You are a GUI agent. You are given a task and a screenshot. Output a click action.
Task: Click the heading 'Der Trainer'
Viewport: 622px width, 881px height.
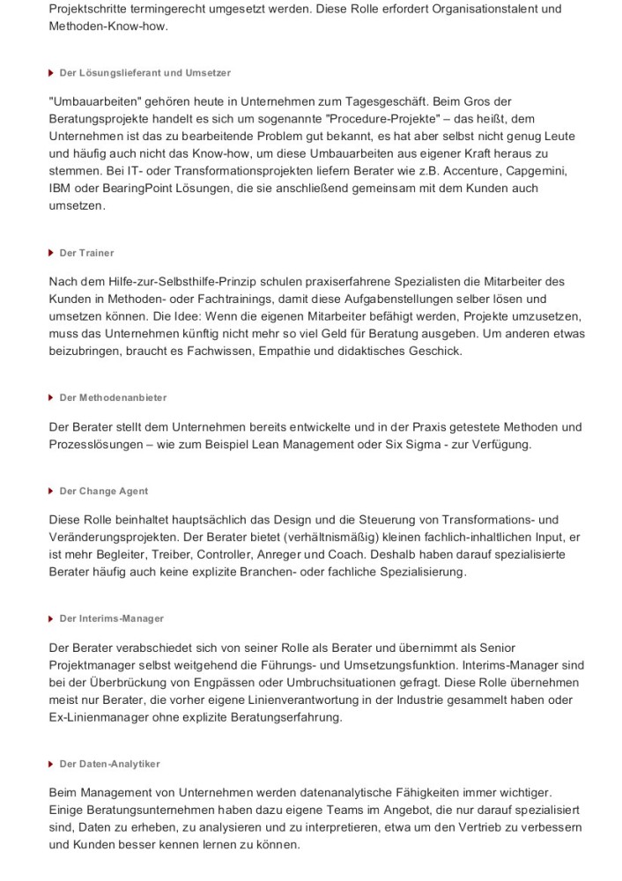86,253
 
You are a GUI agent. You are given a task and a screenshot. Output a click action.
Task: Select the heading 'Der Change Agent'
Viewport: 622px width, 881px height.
104,491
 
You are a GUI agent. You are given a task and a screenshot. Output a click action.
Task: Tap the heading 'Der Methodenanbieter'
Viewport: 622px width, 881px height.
113,397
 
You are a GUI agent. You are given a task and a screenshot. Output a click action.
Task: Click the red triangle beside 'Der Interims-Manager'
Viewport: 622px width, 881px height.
52,618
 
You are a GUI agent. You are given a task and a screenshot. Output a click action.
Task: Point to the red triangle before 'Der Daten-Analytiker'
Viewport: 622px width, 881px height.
52,764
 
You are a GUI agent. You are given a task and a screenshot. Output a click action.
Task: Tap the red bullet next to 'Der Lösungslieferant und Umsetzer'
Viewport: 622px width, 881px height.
52,72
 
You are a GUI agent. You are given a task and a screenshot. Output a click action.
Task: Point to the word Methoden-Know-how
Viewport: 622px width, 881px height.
108,26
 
